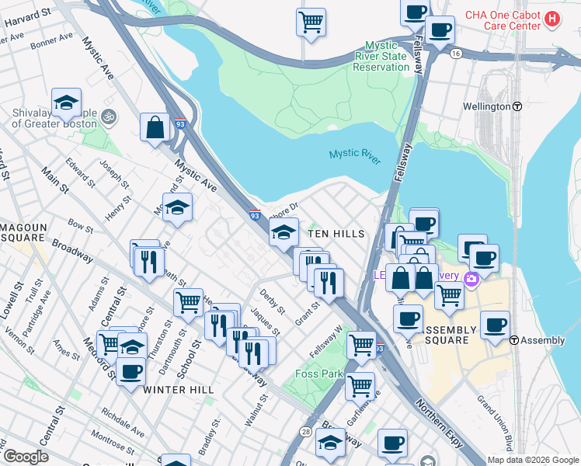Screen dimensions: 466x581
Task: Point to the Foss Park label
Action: [319, 374]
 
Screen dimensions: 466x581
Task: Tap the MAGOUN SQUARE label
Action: [24, 231]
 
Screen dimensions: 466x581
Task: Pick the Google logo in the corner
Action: [26, 457]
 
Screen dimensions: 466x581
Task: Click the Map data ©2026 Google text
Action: [532, 460]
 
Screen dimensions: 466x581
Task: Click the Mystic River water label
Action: [355, 155]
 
